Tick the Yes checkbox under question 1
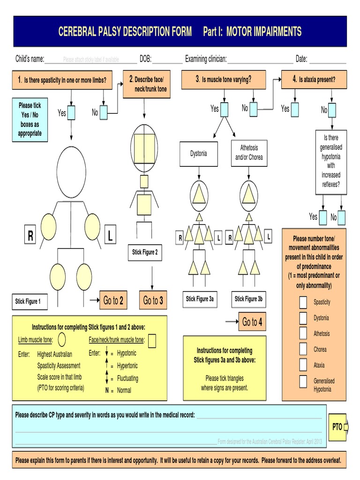(x=71, y=112)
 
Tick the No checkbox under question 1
(x=103, y=112)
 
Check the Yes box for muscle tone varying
(x=224, y=109)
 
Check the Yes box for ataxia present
(x=294, y=109)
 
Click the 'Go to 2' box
(x=113, y=300)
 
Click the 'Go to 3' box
(x=153, y=300)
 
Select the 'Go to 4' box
(x=252, y=322)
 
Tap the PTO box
(x=337, y=427)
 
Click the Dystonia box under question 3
(x=199, y=153)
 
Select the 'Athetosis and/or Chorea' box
(x=249, y=153)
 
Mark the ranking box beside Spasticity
(x=304, y=302)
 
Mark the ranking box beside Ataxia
(x=304, y=365)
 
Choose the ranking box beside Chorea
(x=304, y=349)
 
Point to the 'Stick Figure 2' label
(x=145, y=252)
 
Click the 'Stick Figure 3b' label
(x=249, y=299)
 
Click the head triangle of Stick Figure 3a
(x=199, y=193)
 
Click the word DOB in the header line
(x=145, y=59)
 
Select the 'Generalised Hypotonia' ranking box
(x=304, y=381)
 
